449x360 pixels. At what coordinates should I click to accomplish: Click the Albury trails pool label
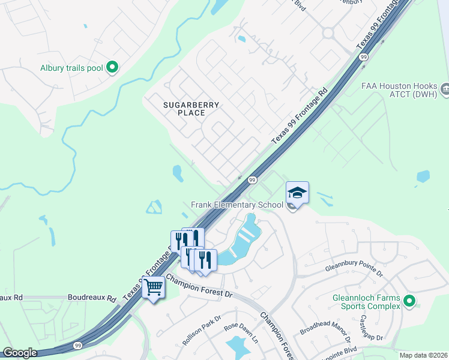click(x=71, y=68)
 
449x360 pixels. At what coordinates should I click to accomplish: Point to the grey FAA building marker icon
click(x=445, y=89)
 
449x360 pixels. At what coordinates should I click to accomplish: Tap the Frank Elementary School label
click(x=237, y=205)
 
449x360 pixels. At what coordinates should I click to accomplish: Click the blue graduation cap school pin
click(x=297, y=193)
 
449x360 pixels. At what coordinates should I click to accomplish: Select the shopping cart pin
click(x=153, y=288)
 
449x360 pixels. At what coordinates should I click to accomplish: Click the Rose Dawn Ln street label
click(x=240, y=333)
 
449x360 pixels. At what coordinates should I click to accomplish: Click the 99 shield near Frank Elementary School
click(x=253, y=180)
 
